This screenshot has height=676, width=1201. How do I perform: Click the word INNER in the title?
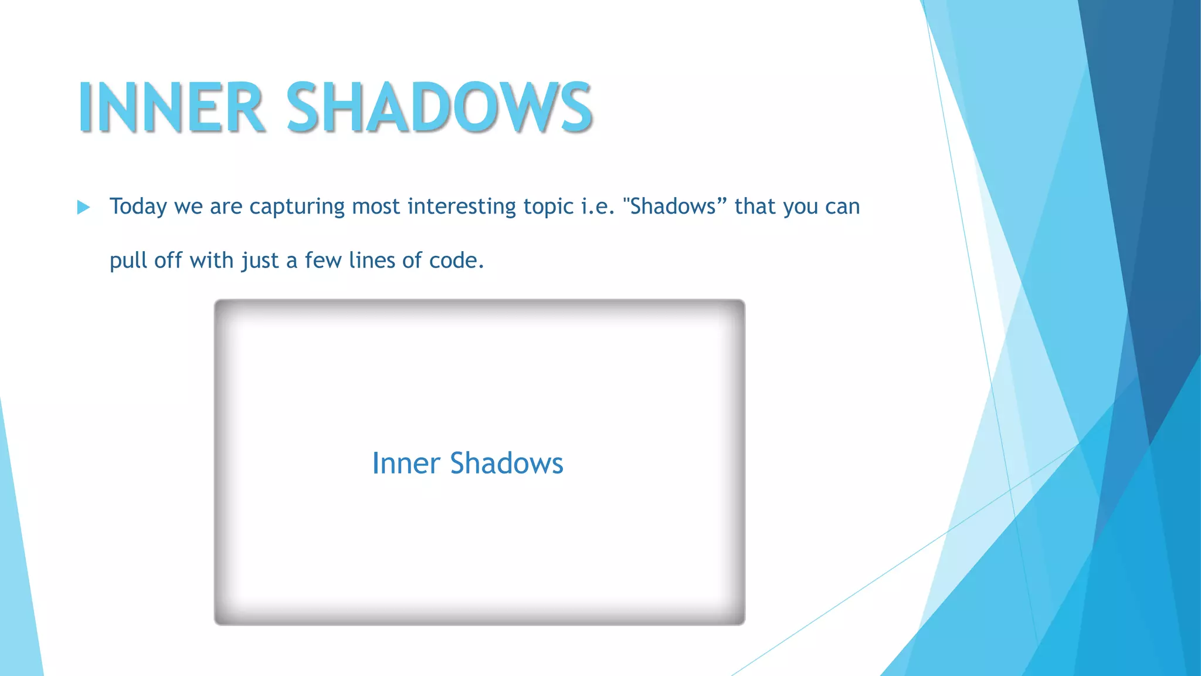tap(171, 107)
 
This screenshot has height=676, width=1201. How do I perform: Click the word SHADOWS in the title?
tap(439, 107)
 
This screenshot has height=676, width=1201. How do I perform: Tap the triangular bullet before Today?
tap(83, 207)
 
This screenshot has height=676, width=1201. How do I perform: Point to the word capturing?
tap(297, 207)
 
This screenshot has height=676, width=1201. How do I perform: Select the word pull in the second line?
tap(128, 261)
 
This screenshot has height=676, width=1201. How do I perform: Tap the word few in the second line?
tap(323, 261)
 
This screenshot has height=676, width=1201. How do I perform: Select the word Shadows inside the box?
tap(506, 464)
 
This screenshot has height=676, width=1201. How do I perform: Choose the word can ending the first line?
tap(842, 207)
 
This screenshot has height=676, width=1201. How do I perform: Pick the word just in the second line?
tap(260, 261)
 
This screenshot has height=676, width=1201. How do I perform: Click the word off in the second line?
tap(168, 261)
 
